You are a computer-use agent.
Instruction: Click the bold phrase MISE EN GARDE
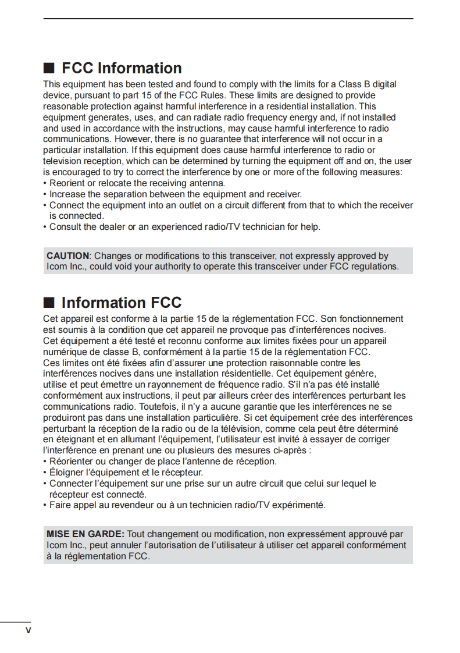click(x=85, y=534)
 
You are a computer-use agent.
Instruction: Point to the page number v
click(x=27, y=631)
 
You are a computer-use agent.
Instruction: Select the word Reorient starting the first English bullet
click(x=67, y=183)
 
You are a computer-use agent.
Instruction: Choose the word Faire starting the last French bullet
click(x=60, y=505)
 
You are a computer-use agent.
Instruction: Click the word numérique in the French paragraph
click(x=64, y=352)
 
